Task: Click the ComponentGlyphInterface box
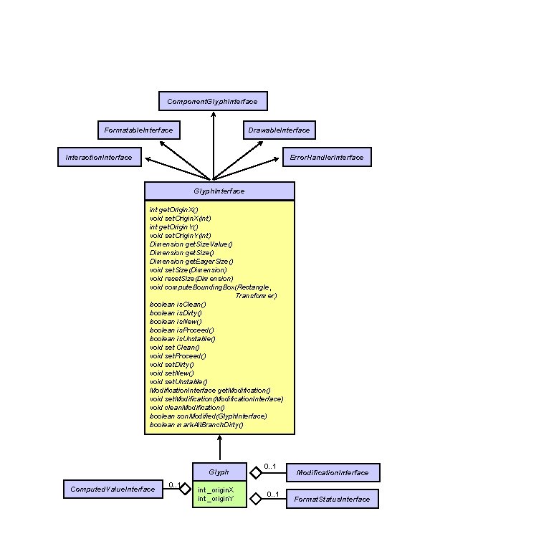point(212,101)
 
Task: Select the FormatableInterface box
point(138,130)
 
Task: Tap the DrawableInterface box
point(279,130)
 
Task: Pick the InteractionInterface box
point(99,157)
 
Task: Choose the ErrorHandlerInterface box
point(326,157)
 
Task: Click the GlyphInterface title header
point(219,191)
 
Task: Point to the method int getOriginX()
point(173,209)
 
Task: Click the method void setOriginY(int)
point(180,235)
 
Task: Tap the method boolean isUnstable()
point(182,338)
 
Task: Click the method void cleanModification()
point(187,407)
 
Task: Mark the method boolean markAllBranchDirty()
point(196,424)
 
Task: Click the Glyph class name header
point(219,472)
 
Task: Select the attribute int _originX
point(216,489)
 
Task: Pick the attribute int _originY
point(216,498)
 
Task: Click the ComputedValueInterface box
point(112,489)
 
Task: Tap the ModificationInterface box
point(333,472)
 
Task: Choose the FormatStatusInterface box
point(332,499)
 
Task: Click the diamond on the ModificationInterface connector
point(254,472)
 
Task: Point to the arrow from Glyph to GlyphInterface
point(219,448)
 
